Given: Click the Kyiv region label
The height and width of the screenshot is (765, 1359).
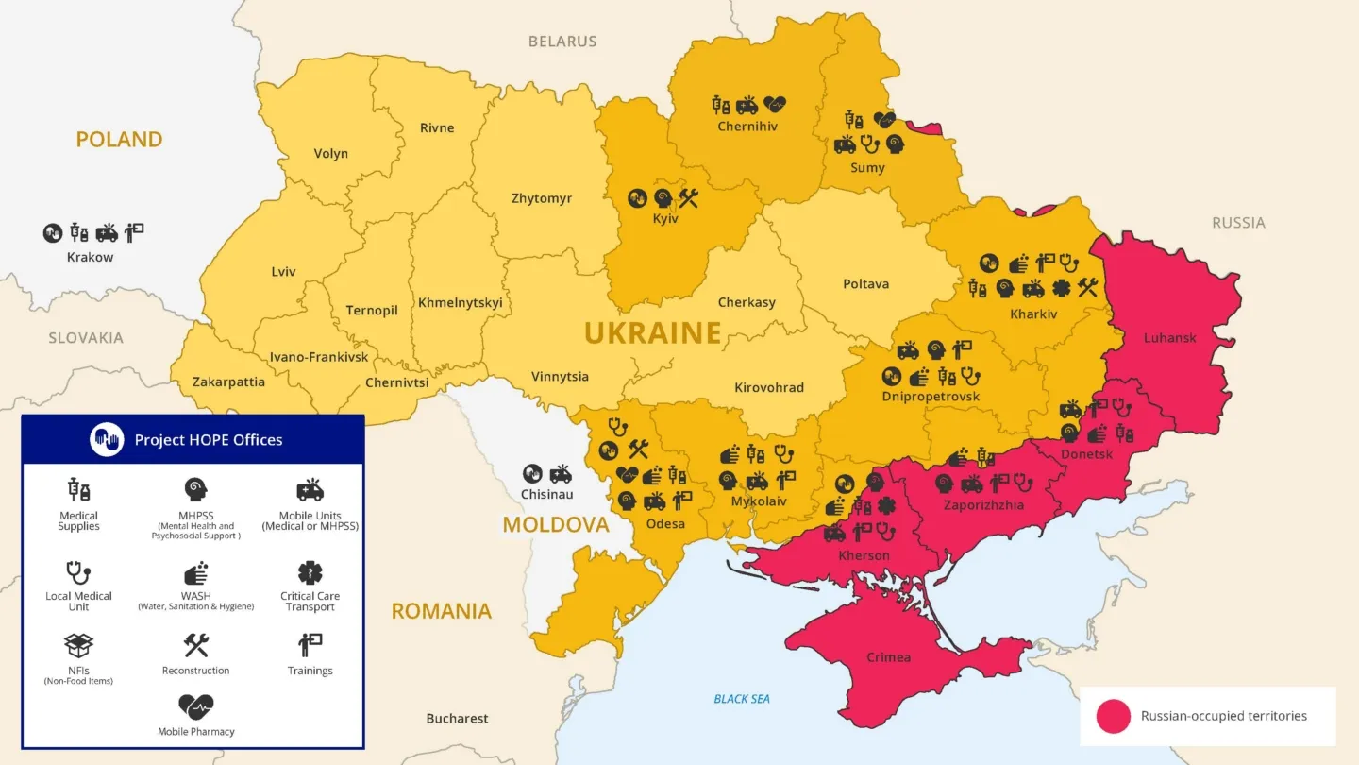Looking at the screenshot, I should point(665,219).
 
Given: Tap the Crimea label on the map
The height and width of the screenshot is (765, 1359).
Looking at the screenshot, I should point(889,657).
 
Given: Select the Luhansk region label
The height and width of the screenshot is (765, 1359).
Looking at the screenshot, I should point(1169,338).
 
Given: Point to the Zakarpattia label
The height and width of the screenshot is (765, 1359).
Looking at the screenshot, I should point(228,382).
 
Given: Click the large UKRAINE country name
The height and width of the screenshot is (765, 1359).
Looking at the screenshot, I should point(652,333).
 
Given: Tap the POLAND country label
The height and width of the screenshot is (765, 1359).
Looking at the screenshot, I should point(119,140).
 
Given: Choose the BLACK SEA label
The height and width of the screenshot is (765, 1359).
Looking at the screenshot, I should point(742,699).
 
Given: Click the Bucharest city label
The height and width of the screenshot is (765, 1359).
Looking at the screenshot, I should point(457,719).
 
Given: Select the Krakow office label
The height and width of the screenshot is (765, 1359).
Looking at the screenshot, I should point(90,257).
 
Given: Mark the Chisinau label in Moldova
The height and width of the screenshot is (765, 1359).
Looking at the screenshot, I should point(547,494).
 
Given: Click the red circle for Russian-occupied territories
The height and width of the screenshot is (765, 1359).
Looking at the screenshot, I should point(1114,717).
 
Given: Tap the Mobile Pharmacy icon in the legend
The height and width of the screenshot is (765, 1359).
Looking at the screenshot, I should point(195,706).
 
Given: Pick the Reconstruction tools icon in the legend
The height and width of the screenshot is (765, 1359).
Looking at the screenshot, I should point(195,646).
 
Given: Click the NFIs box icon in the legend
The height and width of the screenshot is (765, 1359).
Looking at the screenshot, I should point(78,646).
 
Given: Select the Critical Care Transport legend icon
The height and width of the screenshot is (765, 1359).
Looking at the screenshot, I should point(310,572).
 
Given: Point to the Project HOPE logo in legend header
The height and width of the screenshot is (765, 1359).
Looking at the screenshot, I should point(107,439).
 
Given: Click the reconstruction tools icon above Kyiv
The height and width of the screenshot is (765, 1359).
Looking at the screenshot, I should point(688,197).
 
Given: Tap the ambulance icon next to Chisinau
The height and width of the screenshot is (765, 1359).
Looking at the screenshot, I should point(561,473).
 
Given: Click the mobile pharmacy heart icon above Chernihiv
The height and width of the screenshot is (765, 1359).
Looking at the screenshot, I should point(775,104).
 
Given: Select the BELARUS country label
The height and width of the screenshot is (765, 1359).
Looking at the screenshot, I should point(562,42).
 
